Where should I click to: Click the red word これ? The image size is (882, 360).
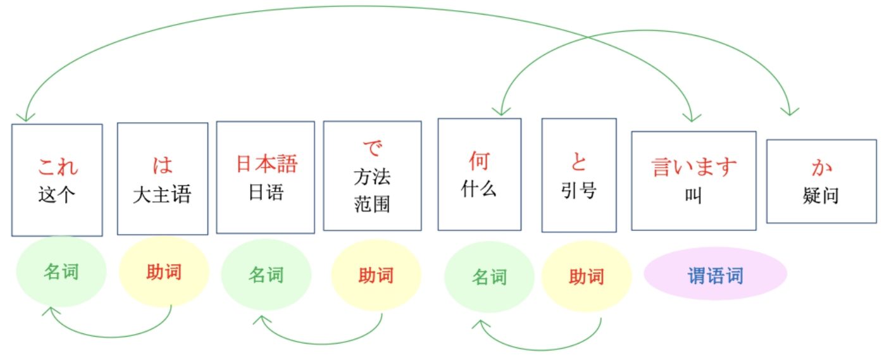[x=58, y=166]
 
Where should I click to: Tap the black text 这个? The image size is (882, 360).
[x=56, y=195]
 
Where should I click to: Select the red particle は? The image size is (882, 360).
[x=163, y=165]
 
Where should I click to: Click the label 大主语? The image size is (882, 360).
[x=162, y=195]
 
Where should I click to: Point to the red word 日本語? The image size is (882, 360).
[x=266, y=163]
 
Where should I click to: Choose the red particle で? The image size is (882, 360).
[x=372, y=147]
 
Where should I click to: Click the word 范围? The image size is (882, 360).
[x=372, y=204]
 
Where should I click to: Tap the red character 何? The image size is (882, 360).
[x=479, y=161]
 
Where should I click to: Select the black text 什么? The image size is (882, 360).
[x=479, y=189]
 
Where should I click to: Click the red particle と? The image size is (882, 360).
[x=579, y=161]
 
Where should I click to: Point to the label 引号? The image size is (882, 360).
[x=579, y=190]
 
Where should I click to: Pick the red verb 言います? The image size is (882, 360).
[x=694, y=166]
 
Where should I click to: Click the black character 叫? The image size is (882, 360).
[x=693, y=196]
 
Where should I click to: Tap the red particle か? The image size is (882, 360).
[x=821, y=167]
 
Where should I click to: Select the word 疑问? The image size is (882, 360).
[x=821, y=196]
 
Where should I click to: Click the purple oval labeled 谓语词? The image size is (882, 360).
[x=715, y=274]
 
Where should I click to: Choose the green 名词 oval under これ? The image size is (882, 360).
[x=61, y=271]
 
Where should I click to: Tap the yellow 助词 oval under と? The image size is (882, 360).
[x=587, y=276]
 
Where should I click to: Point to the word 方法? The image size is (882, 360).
[x=372, y=177]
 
